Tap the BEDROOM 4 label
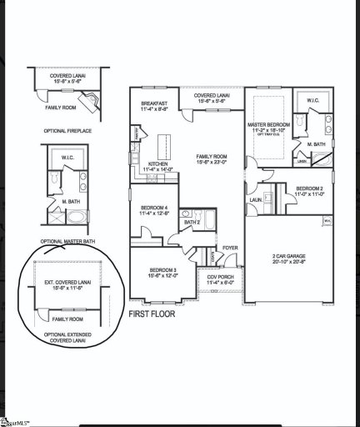tap(155, 208)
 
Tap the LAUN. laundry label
tap(256, 200)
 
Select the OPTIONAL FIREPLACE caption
tap(67, 131)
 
